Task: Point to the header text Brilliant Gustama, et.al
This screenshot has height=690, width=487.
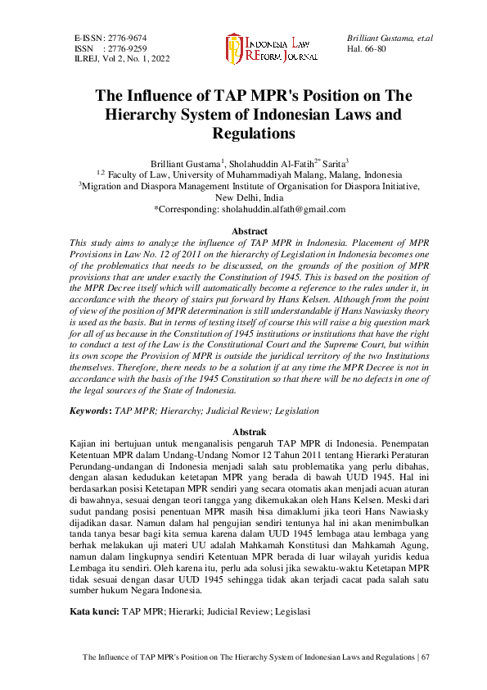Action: tap(390, 39)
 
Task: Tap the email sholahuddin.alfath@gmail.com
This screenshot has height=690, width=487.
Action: tap(283, 209)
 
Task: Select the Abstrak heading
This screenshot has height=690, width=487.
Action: tap(249, 429)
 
